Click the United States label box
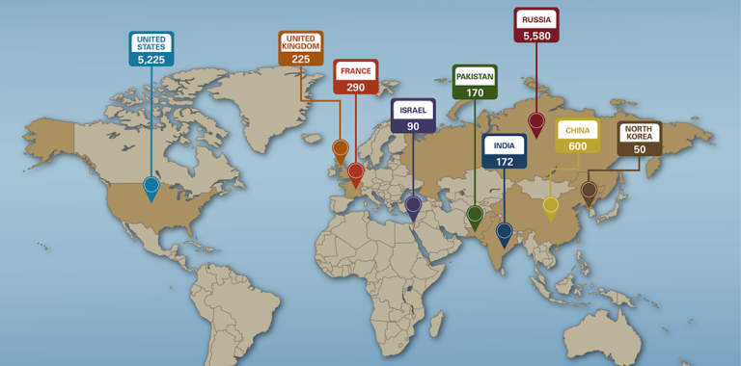[x=151, y=48]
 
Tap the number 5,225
[x=151, y=59]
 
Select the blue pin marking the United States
[x=151, y=185]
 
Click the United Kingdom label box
[x=301, y=48]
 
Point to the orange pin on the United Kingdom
[x=340, y=148]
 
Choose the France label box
[x=356, y=77]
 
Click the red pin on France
[x=355, y=172]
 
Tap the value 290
[x=356, y=87]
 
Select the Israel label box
[x=413, y=116]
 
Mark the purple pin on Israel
[x=413, y=204]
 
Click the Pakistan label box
[x=475, y=83]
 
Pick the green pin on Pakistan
[x=474, y=213]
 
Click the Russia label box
[x=536, y=26]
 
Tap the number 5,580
[x=536, y=36]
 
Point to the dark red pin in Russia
[x=535, y=121]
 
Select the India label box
[x=505, y=151]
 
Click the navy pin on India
[x=504, y=231]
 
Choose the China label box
[x=578, y=137]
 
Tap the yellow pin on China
[x=550, y=205]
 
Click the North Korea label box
[x=640, y=139]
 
